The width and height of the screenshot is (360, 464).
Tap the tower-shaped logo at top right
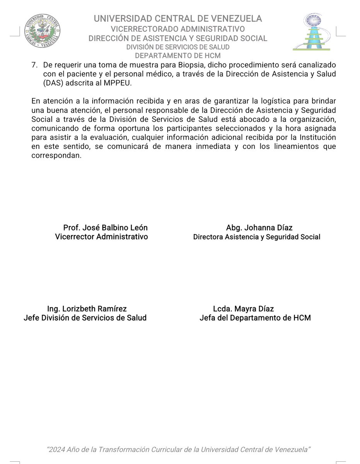pyautogui.click(x=312, y=32)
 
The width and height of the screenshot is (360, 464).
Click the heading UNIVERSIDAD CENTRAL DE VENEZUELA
pyautogui.click(x=178, y=19)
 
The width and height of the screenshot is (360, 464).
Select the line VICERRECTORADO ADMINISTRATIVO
pyautogui.click(x=178, y=29)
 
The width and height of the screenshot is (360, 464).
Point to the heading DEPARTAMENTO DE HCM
pyautogui.click(x=178, y=55)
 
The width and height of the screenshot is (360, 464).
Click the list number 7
pyautogui.click(x=34, y=64)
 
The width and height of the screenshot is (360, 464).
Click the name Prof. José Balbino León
pyautogui.click(x=105, y=228)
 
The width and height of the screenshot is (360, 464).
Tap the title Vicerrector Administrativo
pyautogui.click(x=102, y=237)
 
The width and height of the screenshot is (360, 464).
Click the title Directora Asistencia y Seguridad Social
pyautogui.click(x=256, y=237)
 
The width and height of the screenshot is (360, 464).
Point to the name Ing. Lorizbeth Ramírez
pyautogui.click(x=87, y=309)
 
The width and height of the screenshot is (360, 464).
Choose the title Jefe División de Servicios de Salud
pyautogui.click(x=85, y=318)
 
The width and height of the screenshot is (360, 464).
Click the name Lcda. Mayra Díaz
pyautogui.click(x=243, y=309)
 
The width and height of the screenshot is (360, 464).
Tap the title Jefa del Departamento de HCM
pyautogui.click(x=255, y=318)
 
